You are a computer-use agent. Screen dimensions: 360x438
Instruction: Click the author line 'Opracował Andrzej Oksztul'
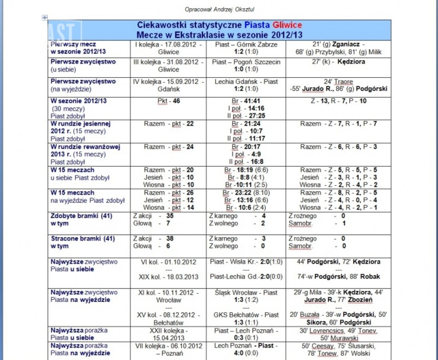220,9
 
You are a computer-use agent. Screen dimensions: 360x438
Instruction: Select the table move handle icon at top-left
45,18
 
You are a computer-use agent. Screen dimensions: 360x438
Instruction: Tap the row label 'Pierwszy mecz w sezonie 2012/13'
78,48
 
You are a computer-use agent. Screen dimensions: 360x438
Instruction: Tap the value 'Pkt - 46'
168,101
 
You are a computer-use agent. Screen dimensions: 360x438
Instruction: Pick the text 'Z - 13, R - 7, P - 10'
339,101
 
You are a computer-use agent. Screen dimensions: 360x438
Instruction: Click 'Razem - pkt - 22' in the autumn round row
168,124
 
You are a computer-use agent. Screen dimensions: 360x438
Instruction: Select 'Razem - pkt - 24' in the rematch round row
168,147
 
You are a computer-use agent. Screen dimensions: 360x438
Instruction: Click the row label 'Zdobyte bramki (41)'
81,216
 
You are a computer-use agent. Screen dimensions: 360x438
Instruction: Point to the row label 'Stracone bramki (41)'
82,239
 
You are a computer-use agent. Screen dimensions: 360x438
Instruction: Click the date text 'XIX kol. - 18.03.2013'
168,277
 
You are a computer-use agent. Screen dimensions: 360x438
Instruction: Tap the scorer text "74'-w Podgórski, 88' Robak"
339,277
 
